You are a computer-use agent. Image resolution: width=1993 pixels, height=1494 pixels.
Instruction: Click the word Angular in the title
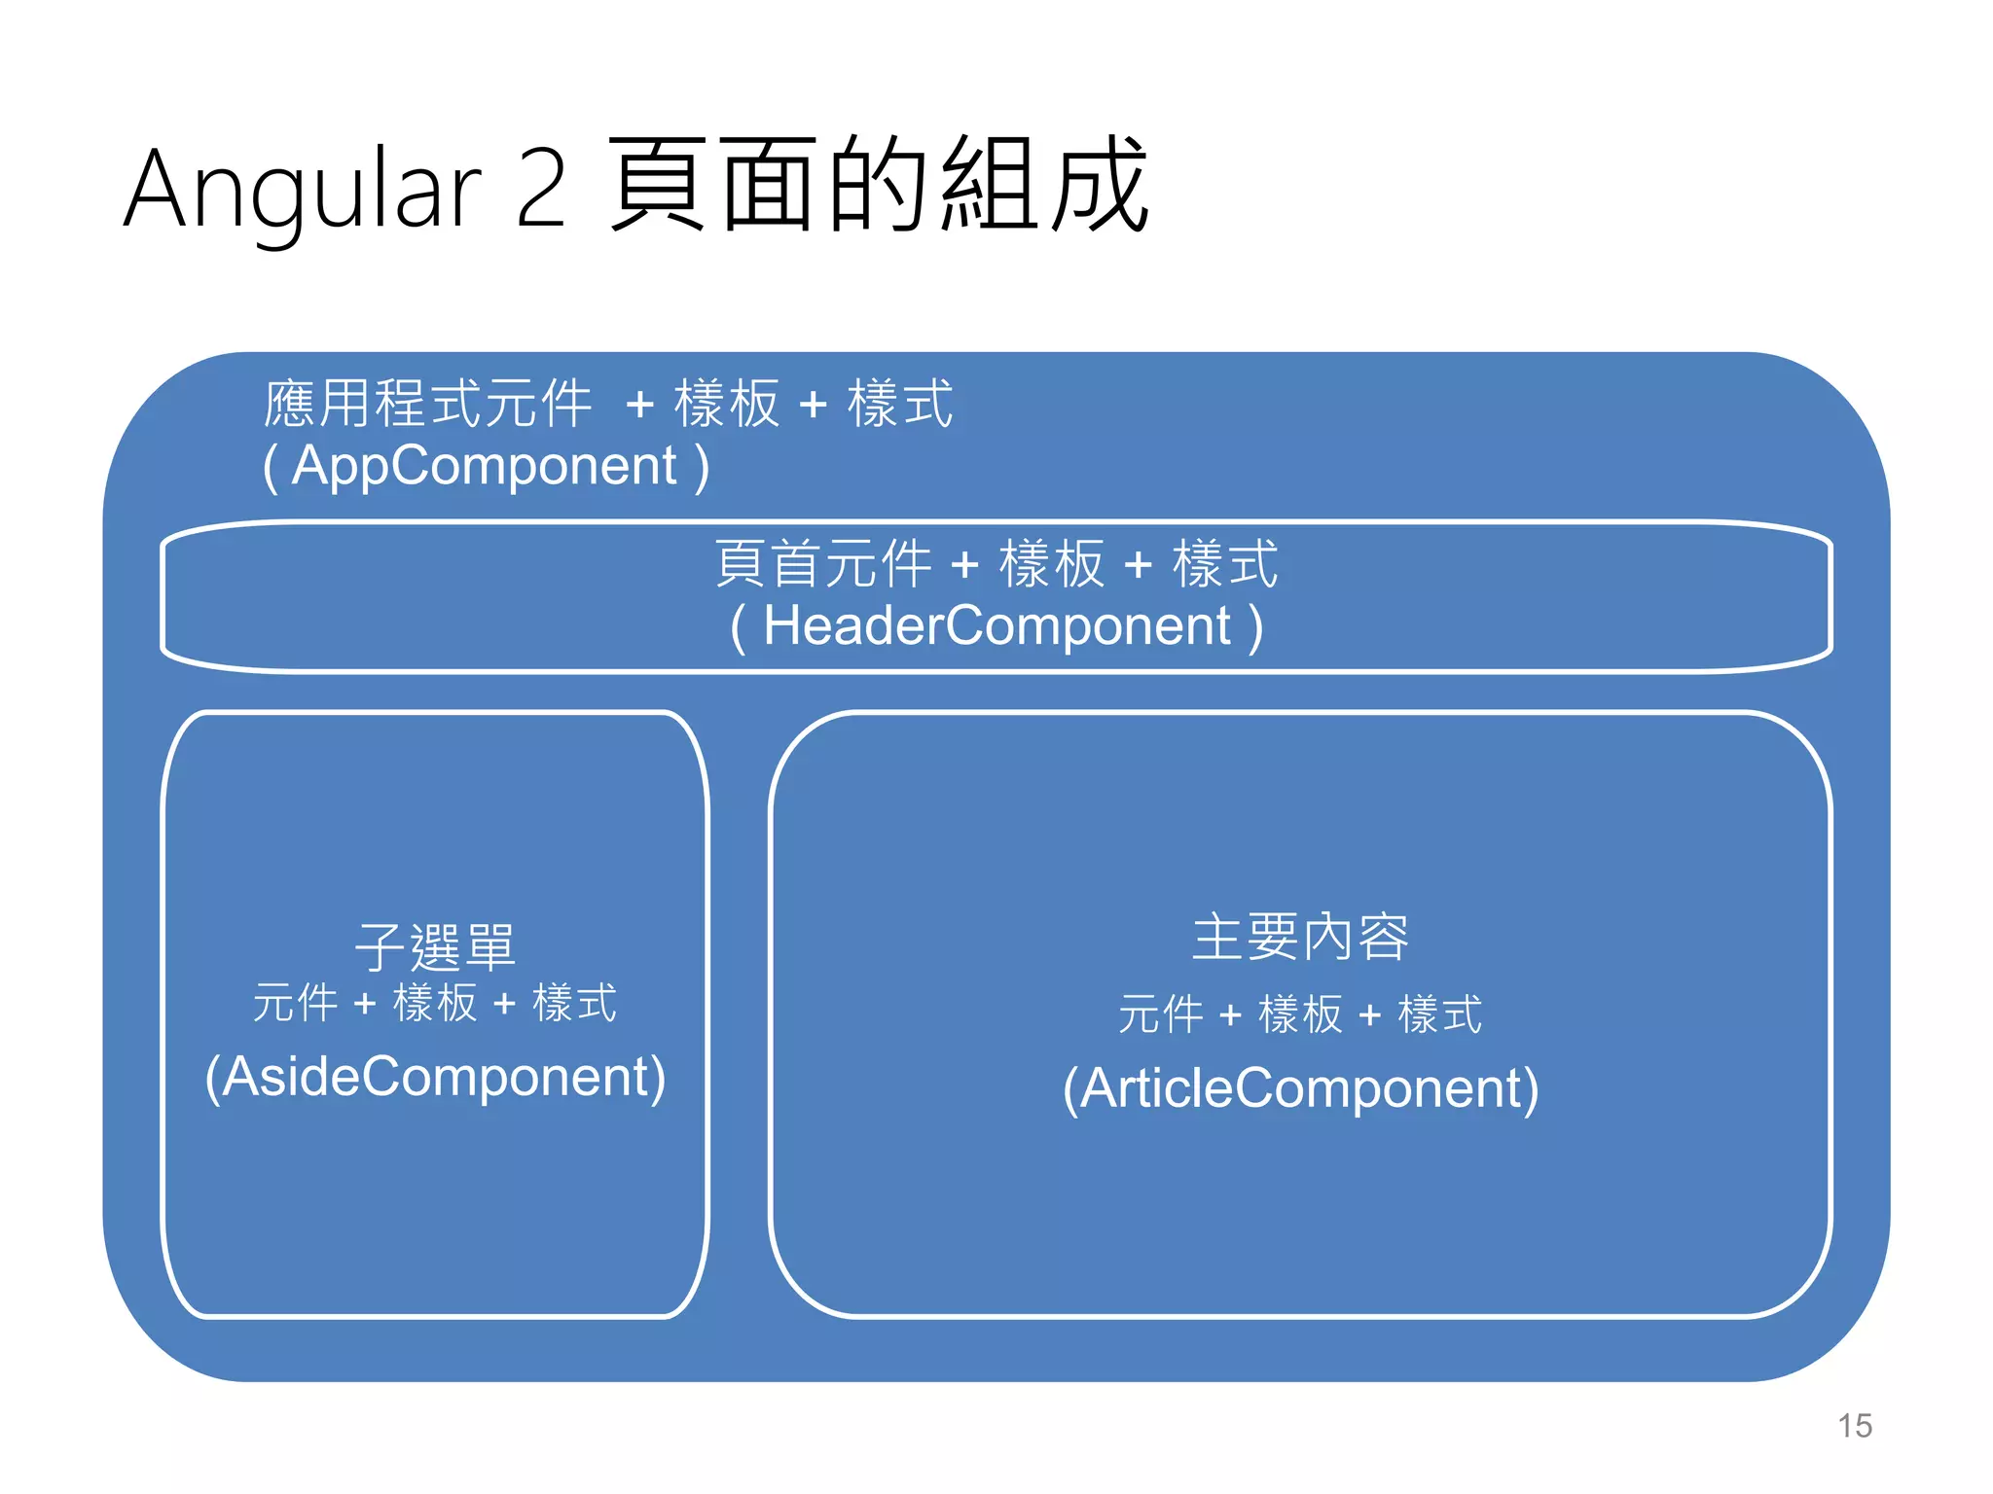(303, 190)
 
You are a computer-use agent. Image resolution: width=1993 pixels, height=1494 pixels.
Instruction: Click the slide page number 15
(1854, 1426)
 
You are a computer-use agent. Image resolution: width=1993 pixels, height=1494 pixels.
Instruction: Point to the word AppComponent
(485, 466)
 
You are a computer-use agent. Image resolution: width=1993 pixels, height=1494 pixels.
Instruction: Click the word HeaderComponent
(996, 625)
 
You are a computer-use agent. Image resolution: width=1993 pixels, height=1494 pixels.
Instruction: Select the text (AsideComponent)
(435, 1077)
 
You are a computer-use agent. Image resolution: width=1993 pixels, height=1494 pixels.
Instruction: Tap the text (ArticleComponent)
(1300, 1088)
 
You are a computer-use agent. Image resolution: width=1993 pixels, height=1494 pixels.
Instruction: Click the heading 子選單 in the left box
(434, 947)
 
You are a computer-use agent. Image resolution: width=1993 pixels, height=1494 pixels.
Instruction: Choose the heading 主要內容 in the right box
(1300, 938)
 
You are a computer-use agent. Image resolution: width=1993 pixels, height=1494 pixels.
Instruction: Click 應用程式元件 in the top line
(428, 404)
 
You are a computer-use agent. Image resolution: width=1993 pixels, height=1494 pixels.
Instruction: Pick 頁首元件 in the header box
(822, 564)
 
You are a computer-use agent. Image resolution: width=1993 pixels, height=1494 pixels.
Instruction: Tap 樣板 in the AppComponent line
(727, 404)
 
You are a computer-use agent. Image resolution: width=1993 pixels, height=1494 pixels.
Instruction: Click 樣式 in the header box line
(1224, 564)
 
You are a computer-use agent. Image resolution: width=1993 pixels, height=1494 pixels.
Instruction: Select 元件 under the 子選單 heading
(295, 1003)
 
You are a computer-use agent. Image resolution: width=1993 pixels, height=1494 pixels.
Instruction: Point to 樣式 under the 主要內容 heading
(1439, 1015)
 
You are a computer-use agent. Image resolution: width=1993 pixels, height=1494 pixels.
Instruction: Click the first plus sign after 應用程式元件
(639, 405)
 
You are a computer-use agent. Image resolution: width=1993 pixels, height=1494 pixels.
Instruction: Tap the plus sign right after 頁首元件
(964, 565)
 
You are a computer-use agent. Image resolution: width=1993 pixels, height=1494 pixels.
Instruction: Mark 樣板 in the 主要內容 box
(1300, 1015)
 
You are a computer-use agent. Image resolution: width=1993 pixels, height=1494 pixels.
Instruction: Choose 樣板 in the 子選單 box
(435, 1003)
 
